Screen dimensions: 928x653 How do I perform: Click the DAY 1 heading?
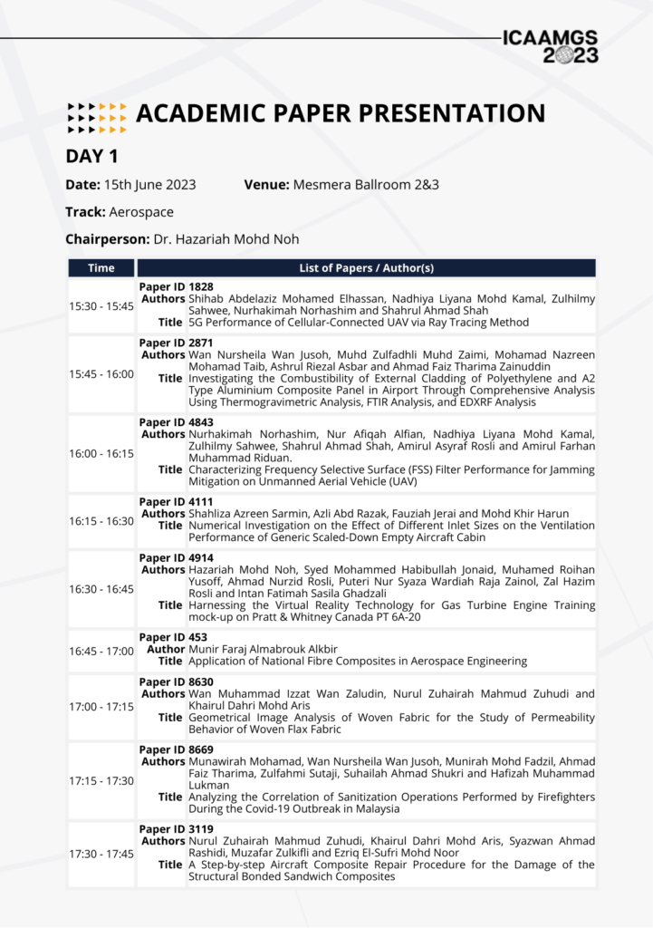pos(91,156)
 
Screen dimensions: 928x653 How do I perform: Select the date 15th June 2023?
pos(150,185)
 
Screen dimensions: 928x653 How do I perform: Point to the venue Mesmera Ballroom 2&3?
pos(366,185)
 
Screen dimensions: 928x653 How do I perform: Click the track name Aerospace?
pos(141,212)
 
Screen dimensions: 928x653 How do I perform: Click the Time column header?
pos(101,267)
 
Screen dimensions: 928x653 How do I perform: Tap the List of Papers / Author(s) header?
pos(366,267)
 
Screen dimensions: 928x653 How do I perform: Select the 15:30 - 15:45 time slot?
pos(101,306)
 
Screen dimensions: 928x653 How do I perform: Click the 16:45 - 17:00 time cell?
pos(101,651)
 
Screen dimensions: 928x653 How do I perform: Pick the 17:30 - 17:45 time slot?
pos(101,855)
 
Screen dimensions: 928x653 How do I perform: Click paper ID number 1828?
pos(202,286)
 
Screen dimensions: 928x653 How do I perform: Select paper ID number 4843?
pos(202,422)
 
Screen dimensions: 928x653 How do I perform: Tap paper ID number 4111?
pos(202,501)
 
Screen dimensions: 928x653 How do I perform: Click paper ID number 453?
pos(198,637)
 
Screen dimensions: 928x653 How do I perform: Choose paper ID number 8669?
pos(202,749)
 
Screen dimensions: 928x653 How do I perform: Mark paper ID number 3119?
pos(202,829)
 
